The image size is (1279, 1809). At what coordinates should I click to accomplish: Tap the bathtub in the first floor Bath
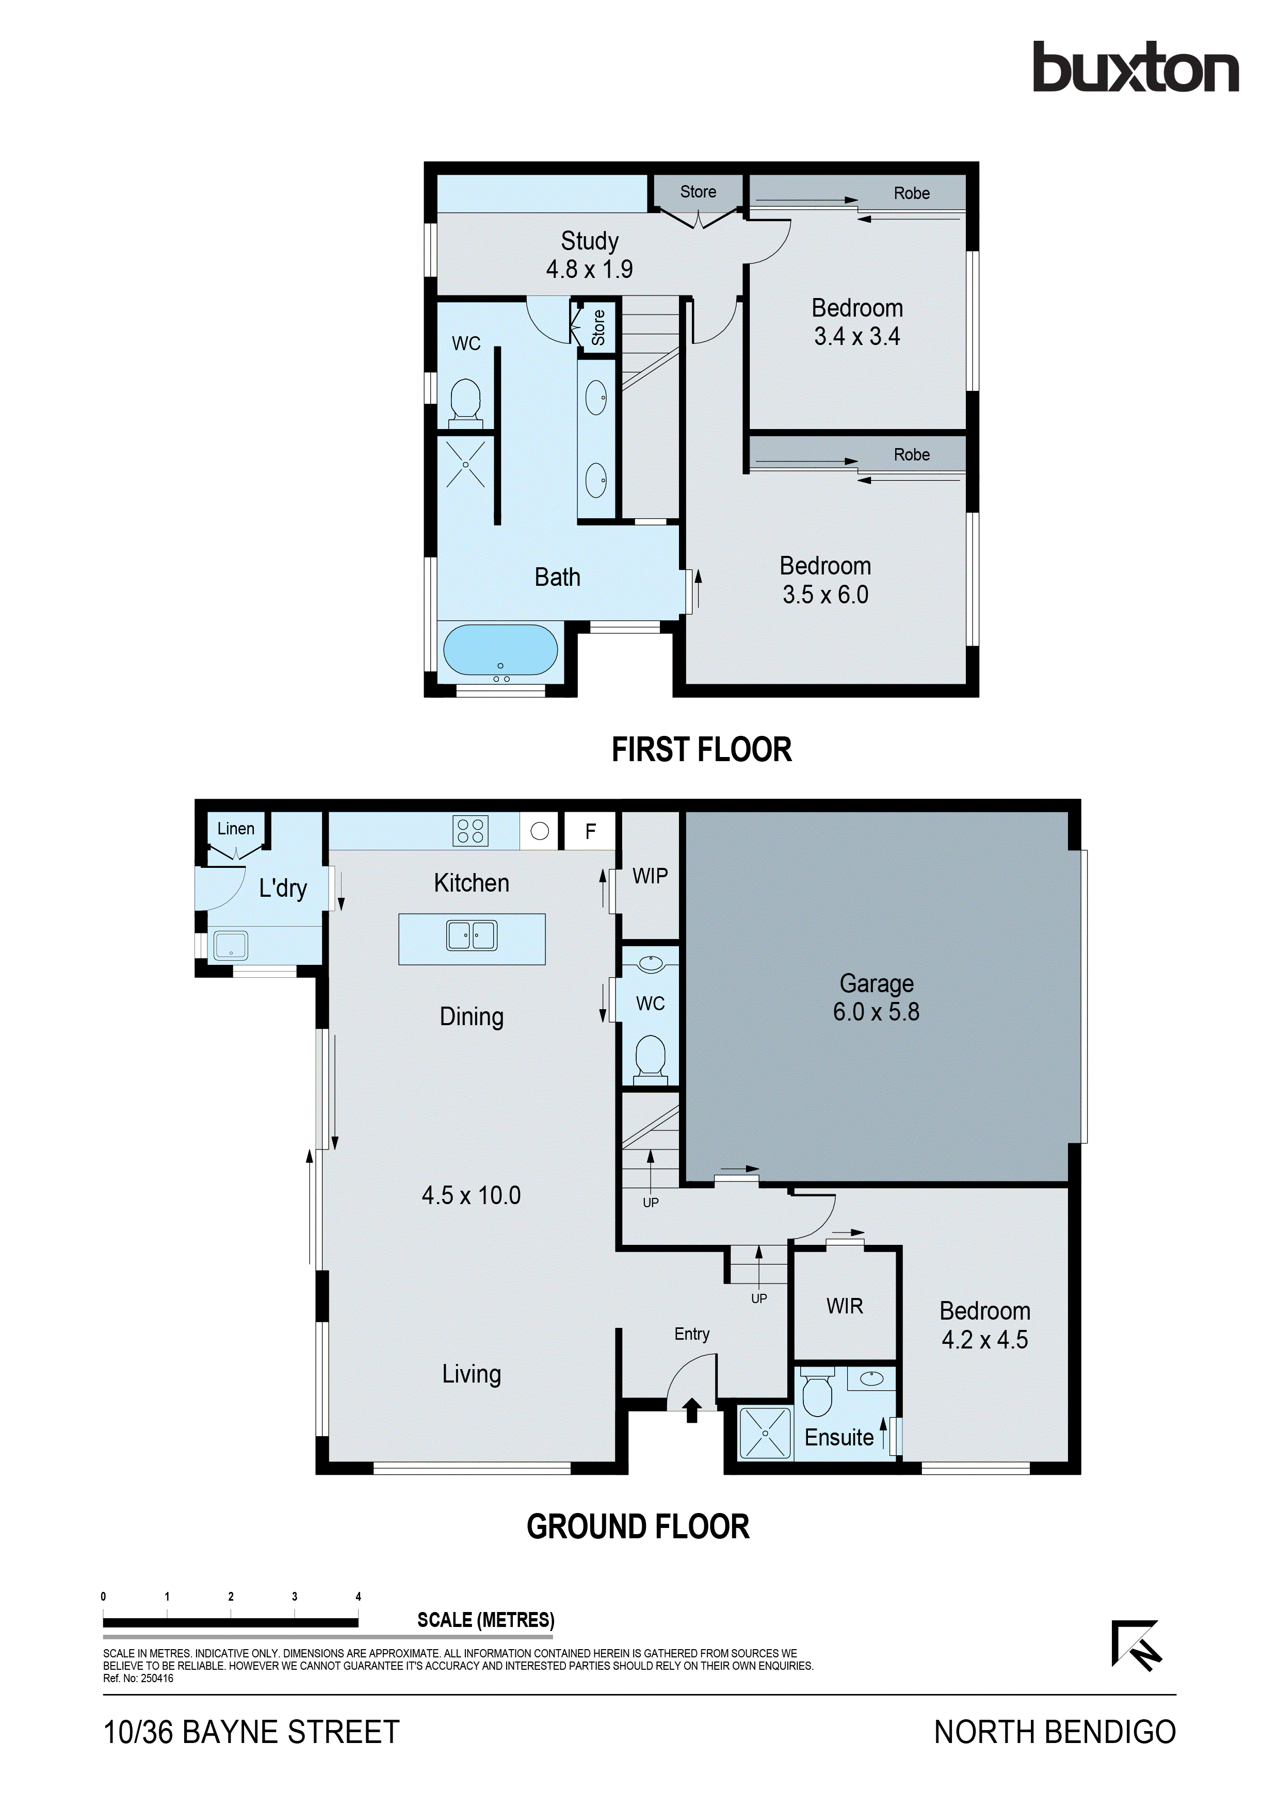pyautogui.click(x=499, y=650)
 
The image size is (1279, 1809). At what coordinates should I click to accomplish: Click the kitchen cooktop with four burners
pyautogui.click(x=471, y=830)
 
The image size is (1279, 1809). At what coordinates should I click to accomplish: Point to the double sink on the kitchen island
pyautogui.click(x=471, y=935)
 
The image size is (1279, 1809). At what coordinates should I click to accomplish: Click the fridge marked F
pyautogui.click(x=590, y=831)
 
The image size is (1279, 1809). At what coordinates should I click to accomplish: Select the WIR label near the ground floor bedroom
pyautogui.click(x=844, y=1306)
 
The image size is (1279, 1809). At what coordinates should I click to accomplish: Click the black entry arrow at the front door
pyautogui.click(x=692, y=1409)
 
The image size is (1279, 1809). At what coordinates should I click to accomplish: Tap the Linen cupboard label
pyautogui.click(x=236, y=829)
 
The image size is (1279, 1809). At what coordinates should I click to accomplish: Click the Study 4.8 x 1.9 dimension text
pyautogui.click(x=590, y=270)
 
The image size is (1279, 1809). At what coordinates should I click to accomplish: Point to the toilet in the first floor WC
pyautogui.click(x=465, y=401)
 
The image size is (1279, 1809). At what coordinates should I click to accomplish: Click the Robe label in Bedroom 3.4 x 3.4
pyautogui.click(x=911, y=194)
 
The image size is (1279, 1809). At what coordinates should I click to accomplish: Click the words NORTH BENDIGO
pyautogui.click(x=1055, y=1732)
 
